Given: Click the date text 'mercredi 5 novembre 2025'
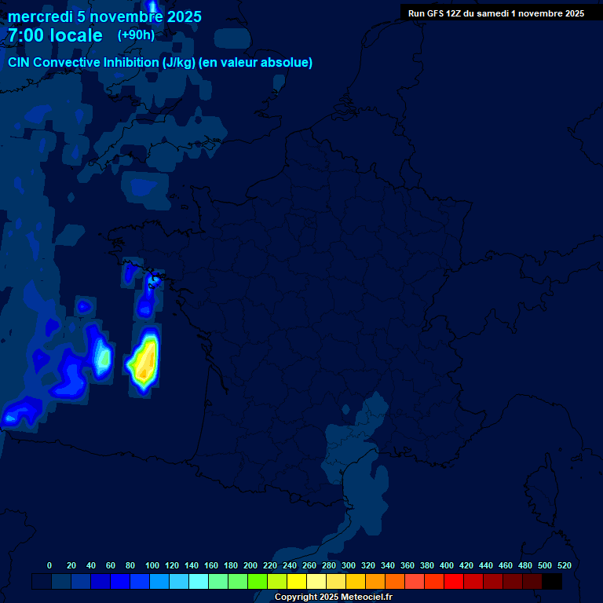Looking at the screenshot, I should [104, 16].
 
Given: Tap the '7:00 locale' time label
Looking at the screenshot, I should [55, 35].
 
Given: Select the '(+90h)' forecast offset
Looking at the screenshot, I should [136, 35].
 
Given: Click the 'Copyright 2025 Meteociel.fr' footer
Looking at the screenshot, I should [334, 597].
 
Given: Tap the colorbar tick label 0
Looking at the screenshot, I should [49, 565].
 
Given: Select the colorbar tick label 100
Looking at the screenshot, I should [152, 565].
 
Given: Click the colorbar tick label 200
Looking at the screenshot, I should [250, 565].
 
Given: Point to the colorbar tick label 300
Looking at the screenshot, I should [349, 565].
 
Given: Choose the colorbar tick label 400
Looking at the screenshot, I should [447, 565].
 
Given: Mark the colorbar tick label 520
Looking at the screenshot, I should [564, 565].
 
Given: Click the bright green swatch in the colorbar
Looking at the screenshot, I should [258, 581].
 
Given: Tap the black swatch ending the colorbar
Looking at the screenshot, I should [552, 581].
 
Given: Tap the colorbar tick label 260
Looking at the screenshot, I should [309, 565].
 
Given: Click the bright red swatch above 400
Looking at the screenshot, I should [454, 581].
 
